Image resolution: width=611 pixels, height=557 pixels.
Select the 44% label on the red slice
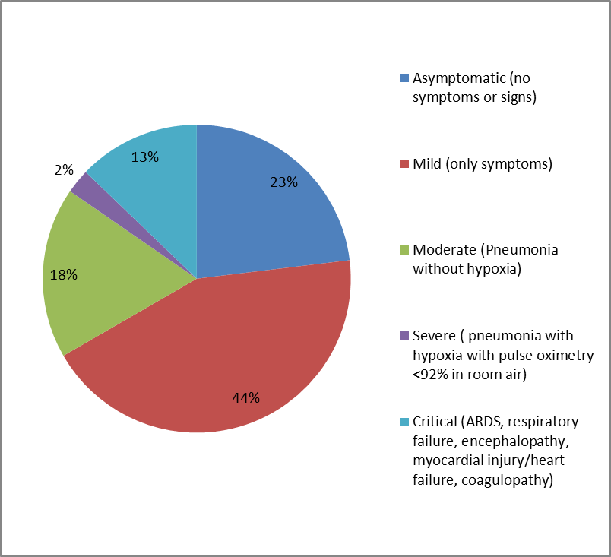click(245, 397)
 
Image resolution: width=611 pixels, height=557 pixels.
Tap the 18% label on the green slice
click(64, 275)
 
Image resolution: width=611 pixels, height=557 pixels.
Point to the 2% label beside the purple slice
click(63, 171)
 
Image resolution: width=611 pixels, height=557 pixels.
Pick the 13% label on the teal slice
click(144, 157)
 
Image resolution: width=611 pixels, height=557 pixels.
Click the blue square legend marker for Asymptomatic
click(404, 78)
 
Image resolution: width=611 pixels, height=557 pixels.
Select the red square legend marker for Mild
click(404, 164)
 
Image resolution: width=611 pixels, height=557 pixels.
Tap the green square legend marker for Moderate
click(404, 250)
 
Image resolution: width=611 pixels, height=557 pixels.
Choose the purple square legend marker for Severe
click(404, 336)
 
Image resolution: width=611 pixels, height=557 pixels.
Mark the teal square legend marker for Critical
click(404, 422)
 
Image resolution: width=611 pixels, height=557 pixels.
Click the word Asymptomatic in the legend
click(458, 78)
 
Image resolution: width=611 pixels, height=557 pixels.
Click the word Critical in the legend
click(435, 422)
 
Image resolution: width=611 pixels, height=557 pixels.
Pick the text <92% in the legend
click(430, 375)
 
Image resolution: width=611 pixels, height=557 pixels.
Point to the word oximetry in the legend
click(554, 355)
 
